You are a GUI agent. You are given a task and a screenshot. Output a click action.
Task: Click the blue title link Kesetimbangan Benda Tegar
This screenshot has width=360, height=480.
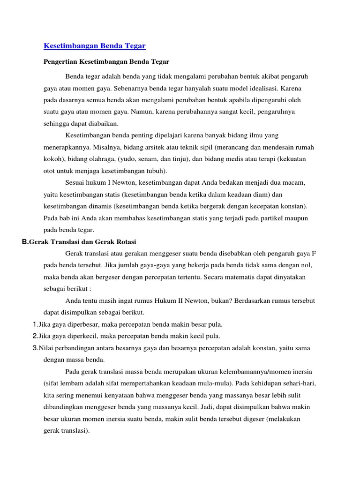(95, 45)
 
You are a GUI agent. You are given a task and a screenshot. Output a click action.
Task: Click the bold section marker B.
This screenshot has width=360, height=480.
(25, 241)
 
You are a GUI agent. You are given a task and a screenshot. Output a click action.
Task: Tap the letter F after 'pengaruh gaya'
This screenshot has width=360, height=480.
(314, 253)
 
